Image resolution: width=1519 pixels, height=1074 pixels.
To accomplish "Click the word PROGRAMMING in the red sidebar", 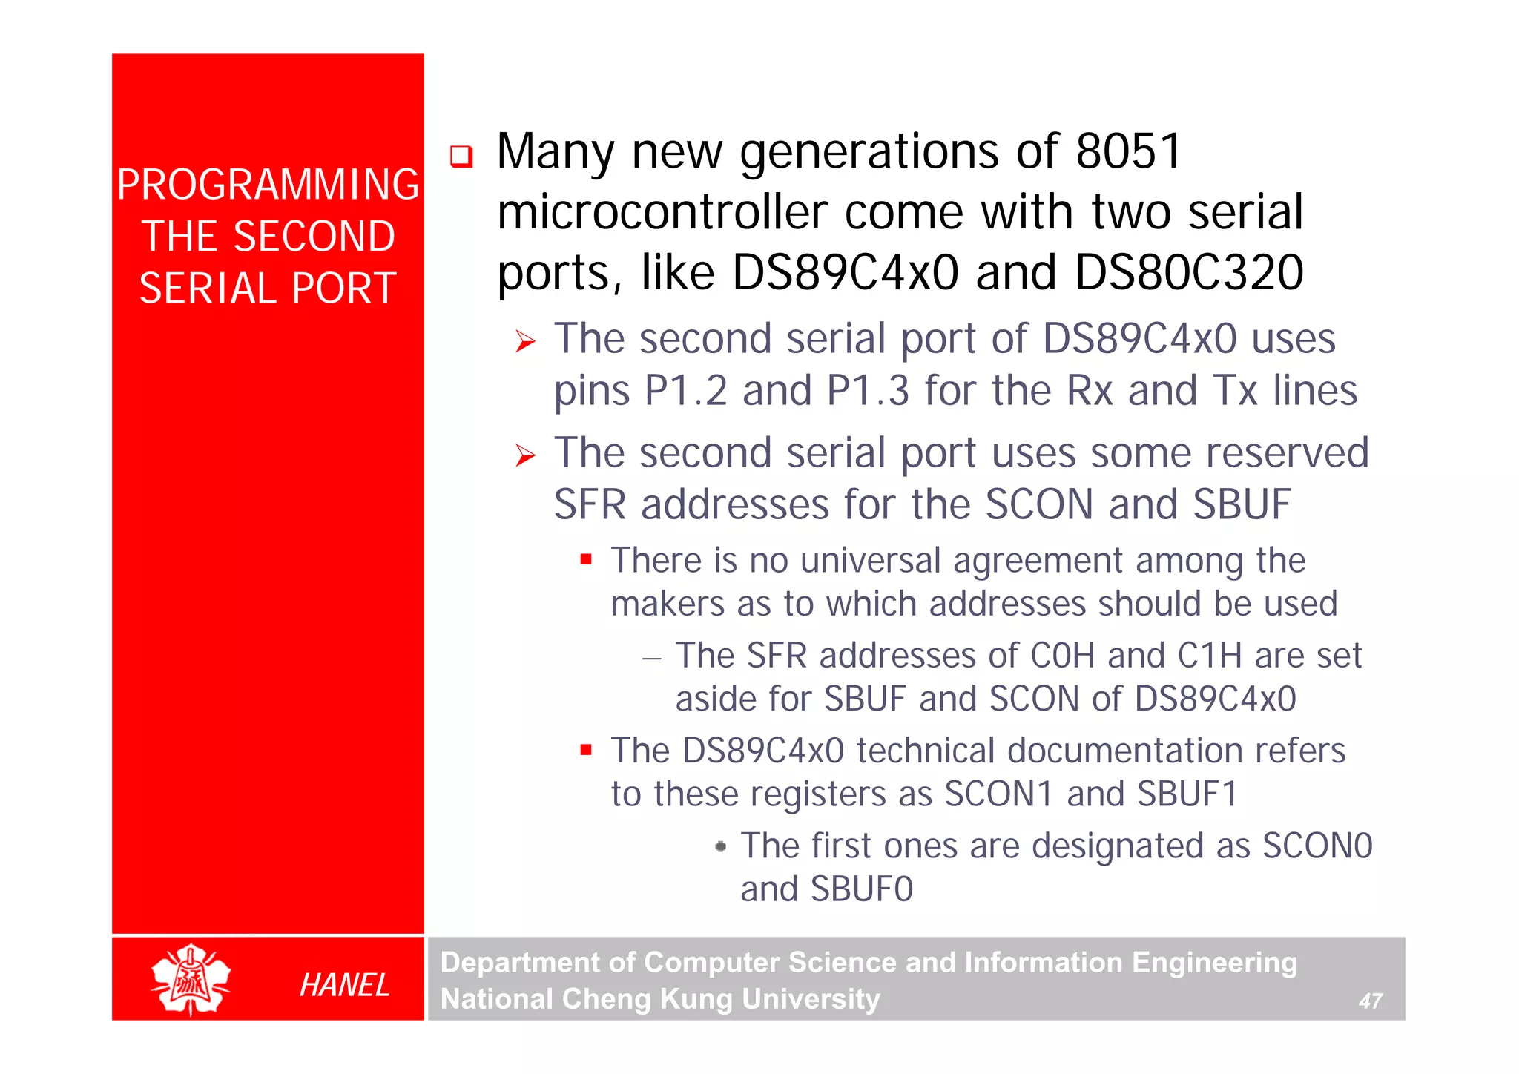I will pyautogui.click(x=268, y=185).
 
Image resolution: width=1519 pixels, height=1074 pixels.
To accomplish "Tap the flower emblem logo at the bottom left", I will pyautogui.click(x=191, y=979).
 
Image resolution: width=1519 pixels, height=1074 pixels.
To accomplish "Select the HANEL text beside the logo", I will pyautogui.click(x=344, y=985).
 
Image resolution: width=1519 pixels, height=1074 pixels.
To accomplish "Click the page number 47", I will pyautogui.click(x=1370, y=1001).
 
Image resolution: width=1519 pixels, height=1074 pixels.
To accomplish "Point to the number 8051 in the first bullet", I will pyautogui.click(x=1128, y=151).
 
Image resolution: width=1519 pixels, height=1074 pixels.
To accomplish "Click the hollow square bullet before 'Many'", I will pyautogui.click(x=461, y=156).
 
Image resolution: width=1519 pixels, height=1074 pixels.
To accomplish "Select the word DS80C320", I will pyautogui.click(x=1189, y=272).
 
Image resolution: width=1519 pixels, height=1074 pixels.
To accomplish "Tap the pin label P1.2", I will pyautogui.click(x=686, y=391).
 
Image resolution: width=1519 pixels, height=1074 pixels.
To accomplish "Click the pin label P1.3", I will pyautogui.click(x=868, y=391).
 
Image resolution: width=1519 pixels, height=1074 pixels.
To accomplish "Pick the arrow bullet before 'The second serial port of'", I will pyautogui.click(x=525, y=342).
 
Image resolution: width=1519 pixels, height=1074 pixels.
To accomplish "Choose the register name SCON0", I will pyautogui.click(x=1317, y=846).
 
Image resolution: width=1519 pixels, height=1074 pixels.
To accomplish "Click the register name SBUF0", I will pyautogui.click(x=861, y=889).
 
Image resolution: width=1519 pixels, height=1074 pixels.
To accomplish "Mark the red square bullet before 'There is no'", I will pyautogui.click(x=586, y=559).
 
